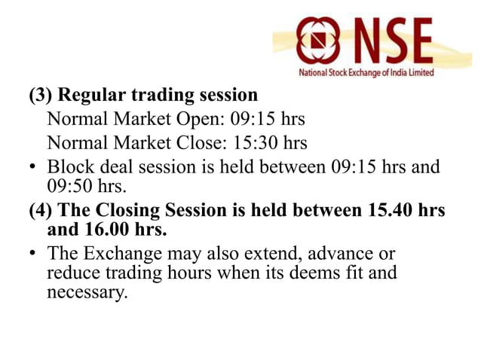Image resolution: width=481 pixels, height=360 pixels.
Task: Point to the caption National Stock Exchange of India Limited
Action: [366, 73]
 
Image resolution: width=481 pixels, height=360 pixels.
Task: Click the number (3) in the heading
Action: [41, 96]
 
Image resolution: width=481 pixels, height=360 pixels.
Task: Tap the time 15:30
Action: [256, 142]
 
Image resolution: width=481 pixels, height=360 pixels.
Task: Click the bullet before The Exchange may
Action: [34, 254]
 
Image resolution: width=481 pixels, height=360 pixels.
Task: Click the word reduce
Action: [72, 272]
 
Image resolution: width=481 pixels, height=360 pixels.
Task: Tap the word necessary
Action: [83, 291]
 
